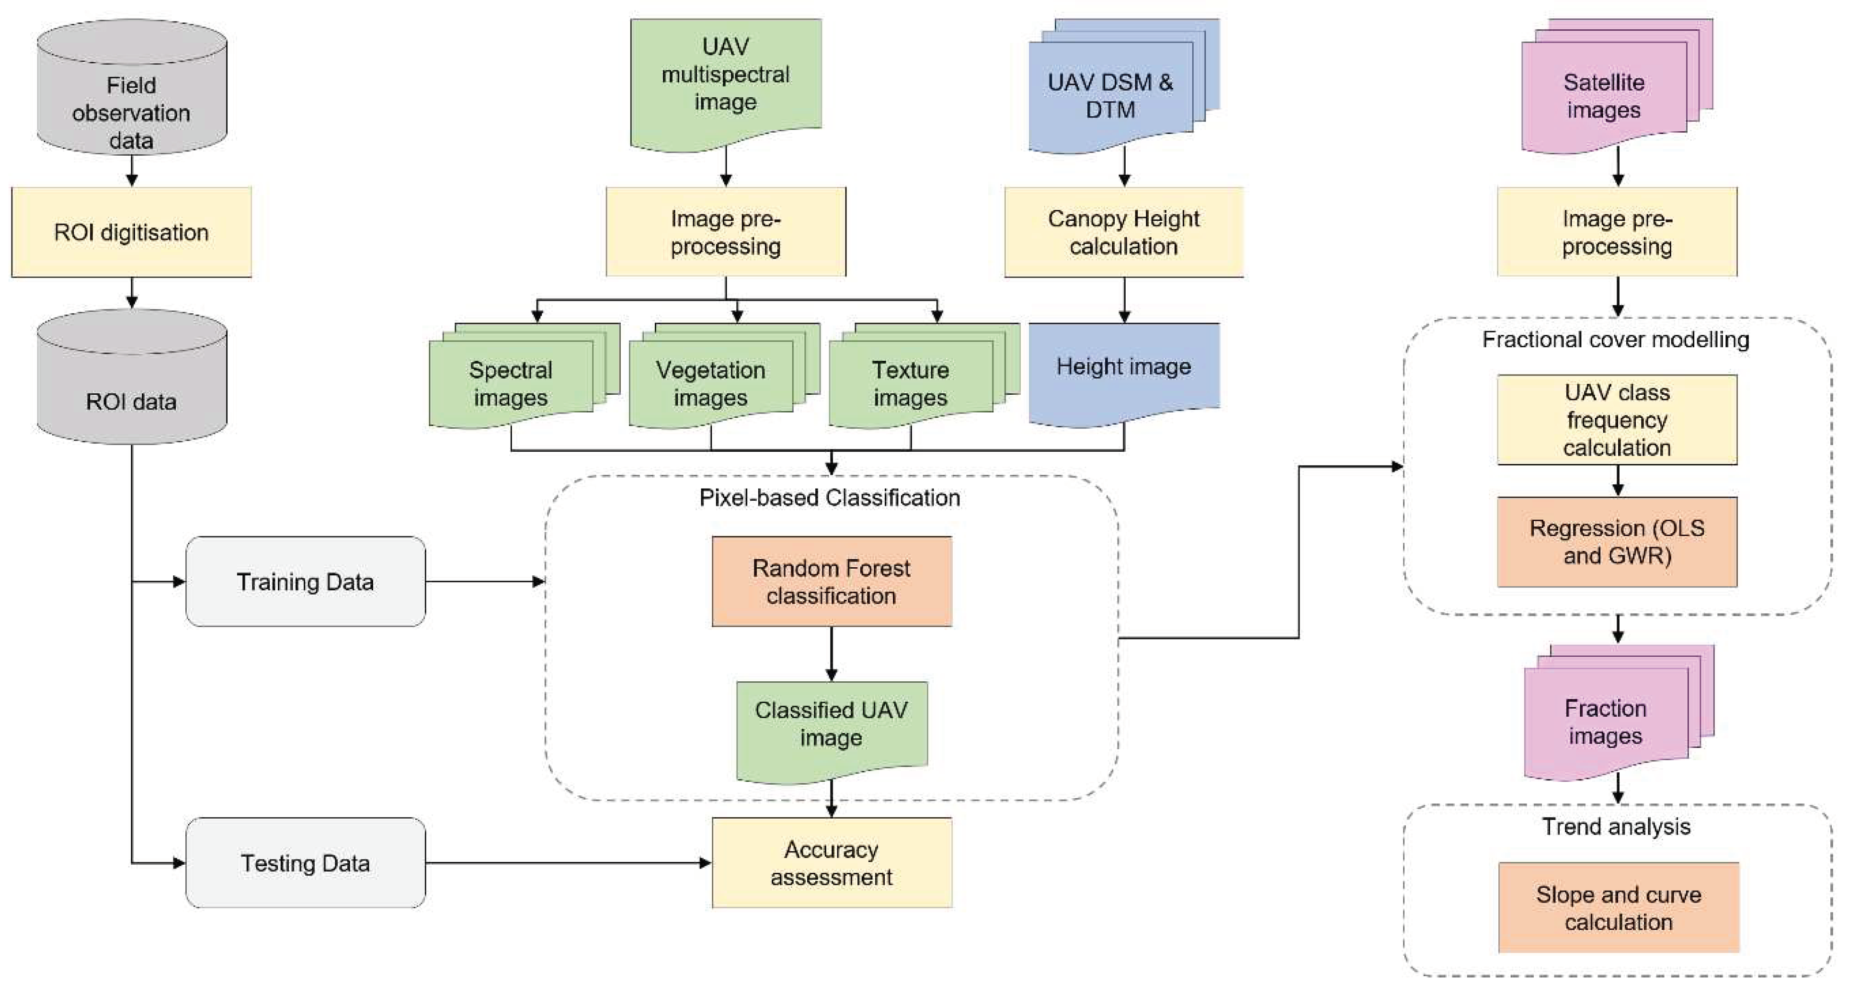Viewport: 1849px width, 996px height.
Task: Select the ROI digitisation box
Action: (x=131, y=232)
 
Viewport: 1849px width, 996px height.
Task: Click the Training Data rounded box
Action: (x=305, y=582)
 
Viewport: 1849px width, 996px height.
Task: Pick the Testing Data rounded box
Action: (x=305, y=862)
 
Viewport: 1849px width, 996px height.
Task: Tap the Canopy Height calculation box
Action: (x=1123, y=232)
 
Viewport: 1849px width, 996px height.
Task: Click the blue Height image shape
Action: (x=1123, y=370)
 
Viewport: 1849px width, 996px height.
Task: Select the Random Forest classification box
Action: (x=831, y=582)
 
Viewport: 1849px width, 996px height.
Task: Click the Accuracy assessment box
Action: (x=831, y=862)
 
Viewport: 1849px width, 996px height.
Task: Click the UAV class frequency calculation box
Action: (x=1617, y=419)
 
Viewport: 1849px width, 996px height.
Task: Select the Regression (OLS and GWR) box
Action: (x=1617, y=541)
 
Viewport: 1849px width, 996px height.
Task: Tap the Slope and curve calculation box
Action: (x=1618, y=908)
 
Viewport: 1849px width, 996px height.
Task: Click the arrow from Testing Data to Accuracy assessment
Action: (x=567, y=862)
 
